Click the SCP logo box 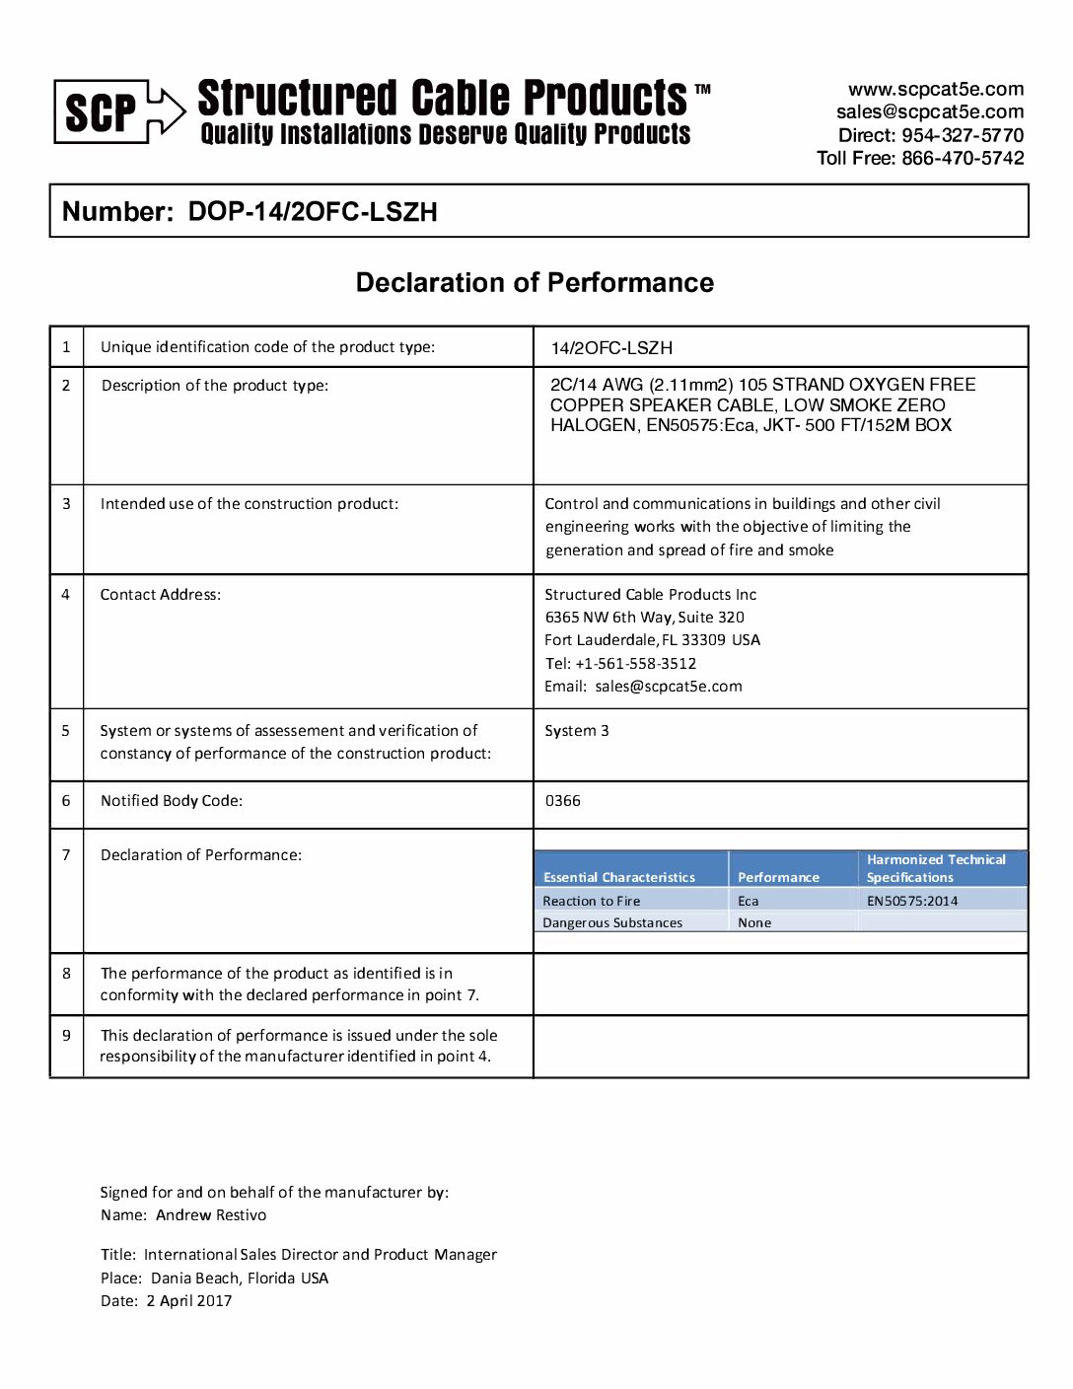tap(102, 111)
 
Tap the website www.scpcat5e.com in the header tap(935, 89)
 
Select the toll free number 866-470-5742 tap(963, 158)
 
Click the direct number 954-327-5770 tap(963, 135)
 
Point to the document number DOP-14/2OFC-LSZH tap(313, 212)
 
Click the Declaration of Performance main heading tap(535, 283)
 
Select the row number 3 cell tap(66, 503)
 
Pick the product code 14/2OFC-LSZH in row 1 tap(611, 347)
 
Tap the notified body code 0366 tap(563, 801)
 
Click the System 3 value tap(577, 731)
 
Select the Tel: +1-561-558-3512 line tap(620, 664)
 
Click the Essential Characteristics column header tap(618, 877)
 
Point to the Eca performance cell tap(749, 901)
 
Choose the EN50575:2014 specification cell tap(912, 901)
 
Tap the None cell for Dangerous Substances tap(754, 923)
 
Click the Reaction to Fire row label tap(591, 901)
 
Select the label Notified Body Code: tap(172, 801)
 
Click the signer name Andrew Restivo tap(211, 1215)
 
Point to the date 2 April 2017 tap(189, 1301)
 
